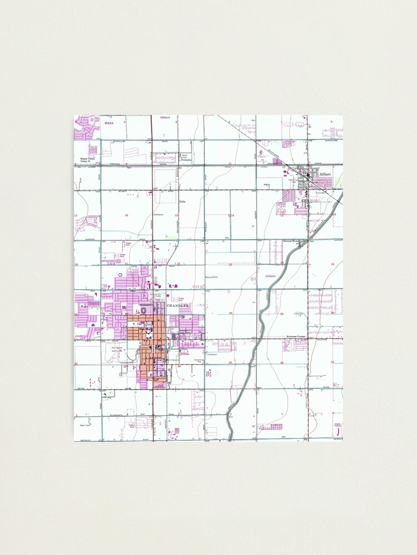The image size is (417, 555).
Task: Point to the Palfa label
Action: click(x=181, y=201)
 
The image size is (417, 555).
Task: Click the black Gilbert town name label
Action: click(x=325, y=174)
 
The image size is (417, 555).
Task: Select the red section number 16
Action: click(x=127, y=215)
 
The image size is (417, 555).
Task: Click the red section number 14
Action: click(x=232, y=215)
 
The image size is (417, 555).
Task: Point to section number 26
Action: click(x=230, y=313)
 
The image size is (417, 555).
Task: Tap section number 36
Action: click(x=282, y=363)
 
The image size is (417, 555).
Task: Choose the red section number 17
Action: click(x=76, y=215)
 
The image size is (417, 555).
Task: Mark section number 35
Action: click(x=230, y=363)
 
